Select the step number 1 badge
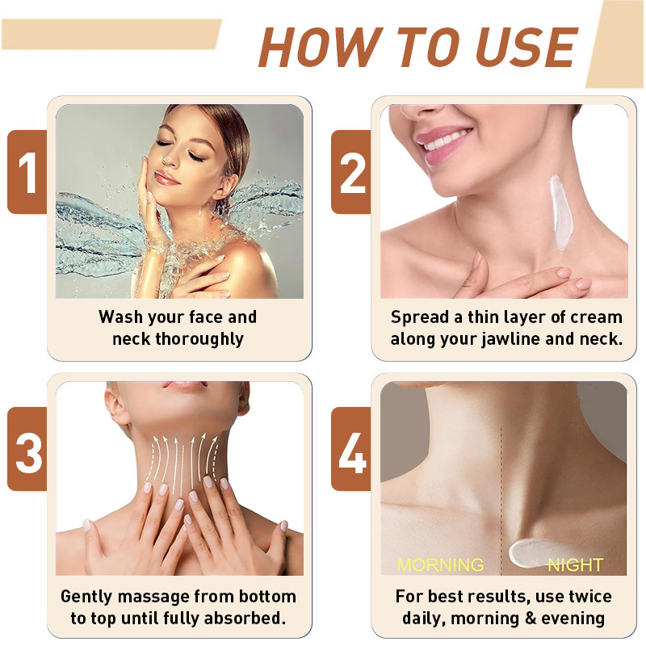click(27, 172)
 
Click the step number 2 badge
click(351, 172)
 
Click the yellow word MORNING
click(440, 564)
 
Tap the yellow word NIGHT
click(575, 564)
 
